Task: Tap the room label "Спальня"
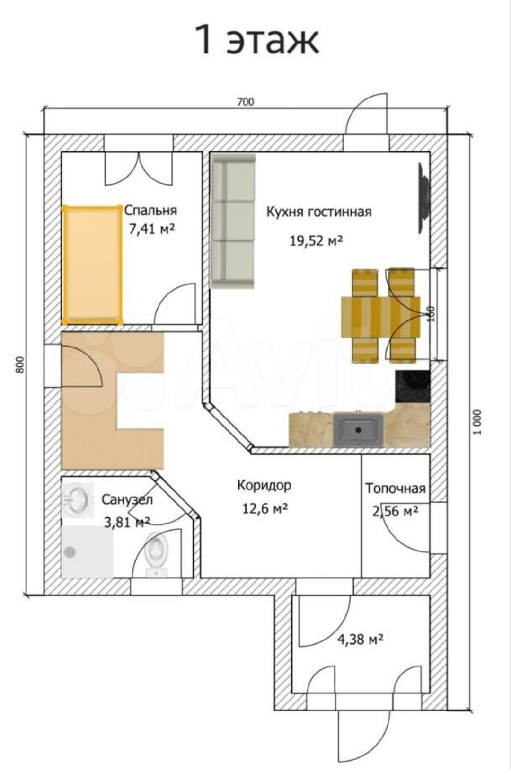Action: (151, 211)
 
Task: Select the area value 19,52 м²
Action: (316, 240)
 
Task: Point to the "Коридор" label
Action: (264, 485)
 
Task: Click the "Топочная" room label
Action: (396, 489)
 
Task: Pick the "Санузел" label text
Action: (127, 499)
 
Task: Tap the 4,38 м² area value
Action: (360, 639)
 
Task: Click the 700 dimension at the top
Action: (246, 102)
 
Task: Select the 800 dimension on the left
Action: (21, 365)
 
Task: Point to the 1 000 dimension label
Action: (478, 422)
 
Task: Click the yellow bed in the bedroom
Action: (92, 265)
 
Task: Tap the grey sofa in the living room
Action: (233, 221)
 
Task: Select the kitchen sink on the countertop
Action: (358, 429)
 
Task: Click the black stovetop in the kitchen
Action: (413, 386)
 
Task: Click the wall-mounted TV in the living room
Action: (424, 198)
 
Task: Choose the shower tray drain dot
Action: (70, 552)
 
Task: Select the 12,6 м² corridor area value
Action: (265, 509)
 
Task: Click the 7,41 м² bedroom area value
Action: (152, 230)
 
